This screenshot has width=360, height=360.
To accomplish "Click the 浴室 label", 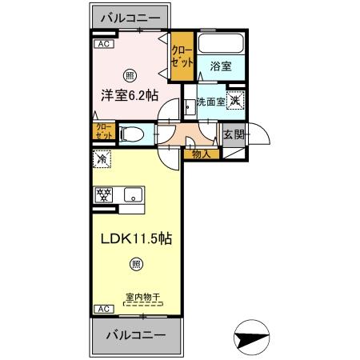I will point(221,66).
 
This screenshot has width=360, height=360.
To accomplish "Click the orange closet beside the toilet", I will point(103,132).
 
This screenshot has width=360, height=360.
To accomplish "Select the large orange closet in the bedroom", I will point(182,56).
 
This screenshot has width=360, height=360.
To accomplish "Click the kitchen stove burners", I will point(106,194).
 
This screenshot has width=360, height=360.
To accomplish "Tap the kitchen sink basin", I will point(132,194).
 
